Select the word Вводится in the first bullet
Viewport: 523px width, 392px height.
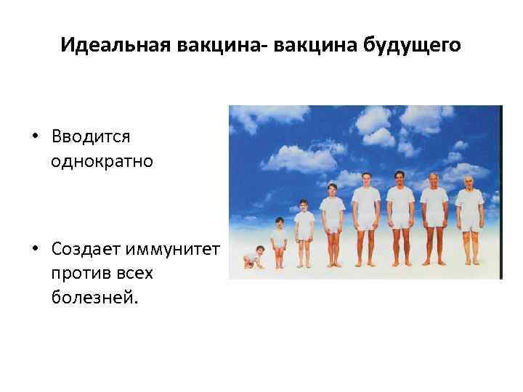tap(91, 136)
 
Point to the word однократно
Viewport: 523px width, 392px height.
tap(102, 160)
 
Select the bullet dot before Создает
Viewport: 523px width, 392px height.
tap(35, 251)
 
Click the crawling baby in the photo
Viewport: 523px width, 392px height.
tap(254, 258)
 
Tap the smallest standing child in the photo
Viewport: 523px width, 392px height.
tap(279, 240)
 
